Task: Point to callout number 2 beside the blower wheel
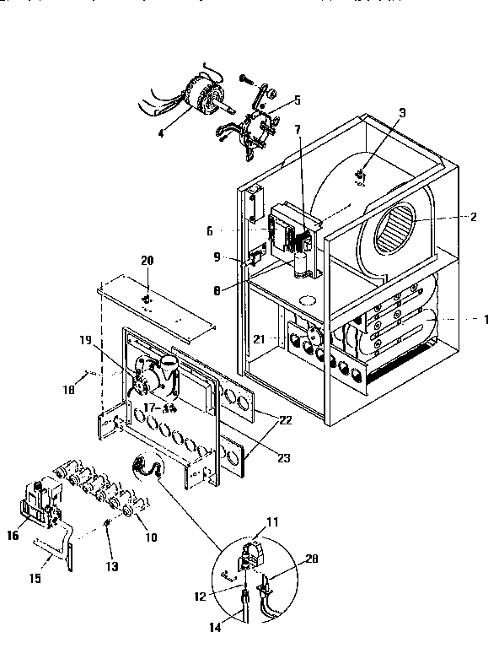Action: tap(473, 217)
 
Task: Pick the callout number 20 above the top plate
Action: tap(148, 261)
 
